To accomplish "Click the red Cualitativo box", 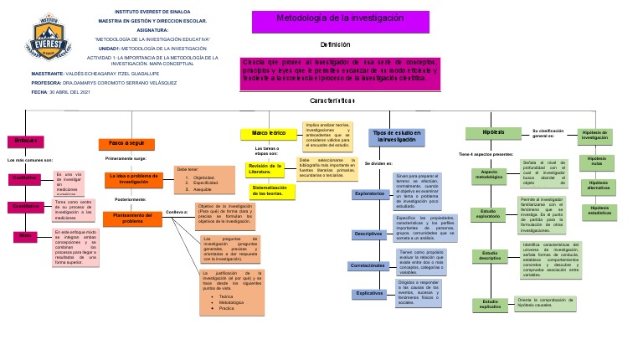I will click(x=25, y=178).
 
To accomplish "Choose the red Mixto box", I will click(x=25, y=236).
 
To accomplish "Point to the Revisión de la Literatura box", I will click(x=266, y=169).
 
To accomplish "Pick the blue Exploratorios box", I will click(x=369, y=194).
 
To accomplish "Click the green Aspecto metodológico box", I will click(x=490, y=175).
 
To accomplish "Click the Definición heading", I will click(x=334, y=44).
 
